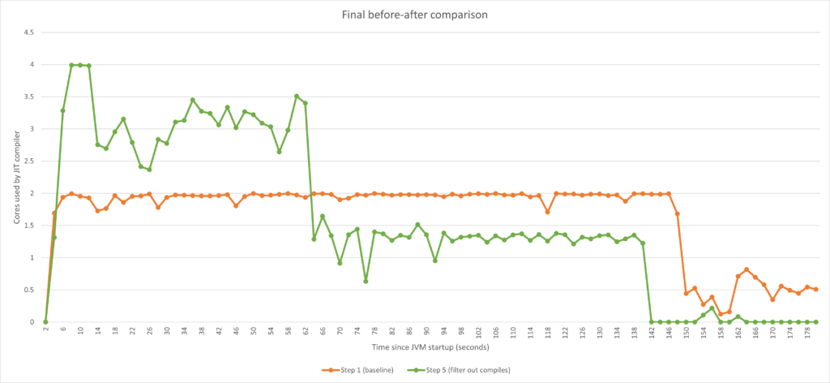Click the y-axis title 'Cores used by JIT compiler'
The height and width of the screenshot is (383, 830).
(15, 178)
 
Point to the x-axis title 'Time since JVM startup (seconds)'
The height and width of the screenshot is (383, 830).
(431, 347)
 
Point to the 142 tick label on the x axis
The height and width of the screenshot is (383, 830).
(652, 333)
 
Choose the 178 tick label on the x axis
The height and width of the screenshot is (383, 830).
(807, 333)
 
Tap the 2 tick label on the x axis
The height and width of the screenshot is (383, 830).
(45, 333)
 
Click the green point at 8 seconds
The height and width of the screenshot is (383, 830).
(71, 65)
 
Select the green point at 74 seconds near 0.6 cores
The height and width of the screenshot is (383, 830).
(366, 281)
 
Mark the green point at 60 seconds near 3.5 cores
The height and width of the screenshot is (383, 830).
(297, 96)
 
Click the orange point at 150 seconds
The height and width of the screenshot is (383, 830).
(687, 293)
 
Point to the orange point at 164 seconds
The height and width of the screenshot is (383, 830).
(747, 269)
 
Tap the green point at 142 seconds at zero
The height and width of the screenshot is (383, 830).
(652, 322)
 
